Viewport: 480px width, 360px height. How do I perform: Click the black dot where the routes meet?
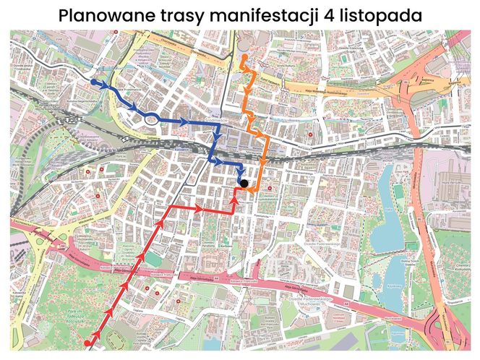[x=244, y=184]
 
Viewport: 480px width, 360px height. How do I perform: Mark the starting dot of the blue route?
[x=94, y=83]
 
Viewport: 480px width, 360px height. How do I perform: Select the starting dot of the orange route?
[x=246, y=57]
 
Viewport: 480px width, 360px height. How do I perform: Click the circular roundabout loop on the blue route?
[x=150, y=119]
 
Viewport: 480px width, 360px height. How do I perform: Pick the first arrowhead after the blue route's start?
[x=108, y=87]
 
